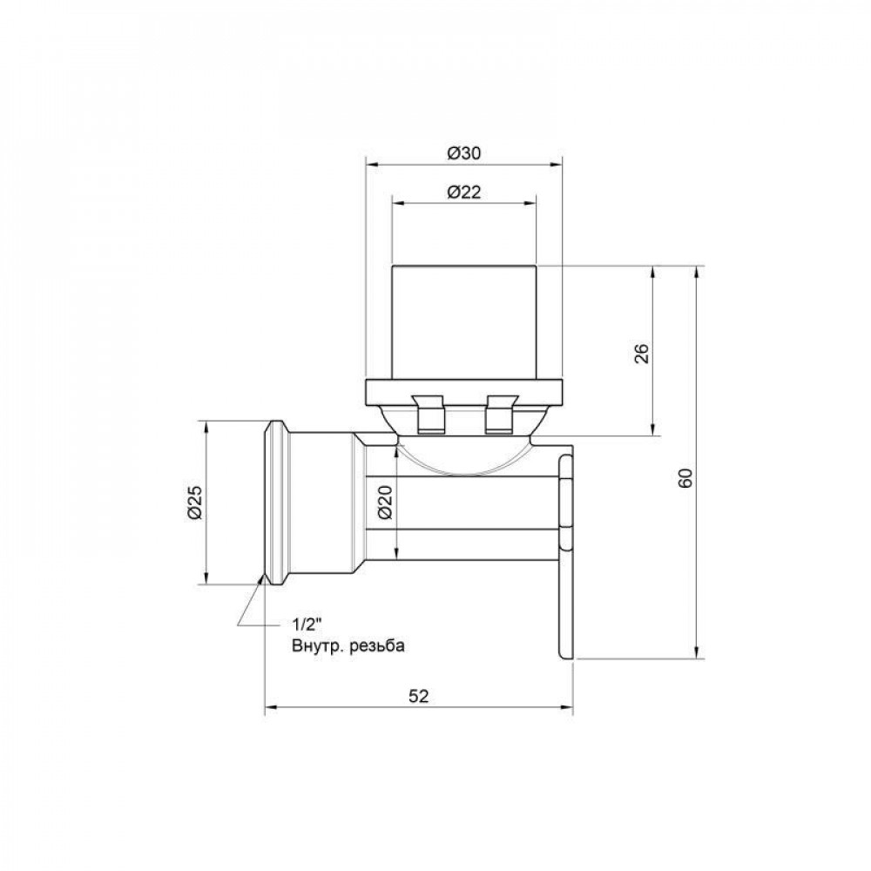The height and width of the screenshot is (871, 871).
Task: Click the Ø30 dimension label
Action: click(463, 152)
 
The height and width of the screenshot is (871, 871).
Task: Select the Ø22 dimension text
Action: click(463, 192)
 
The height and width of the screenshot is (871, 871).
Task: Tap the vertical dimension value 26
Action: click(641, 353)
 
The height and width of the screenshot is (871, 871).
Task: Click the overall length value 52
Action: click(419, 695)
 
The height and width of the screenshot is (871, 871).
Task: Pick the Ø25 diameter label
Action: click(195, 503)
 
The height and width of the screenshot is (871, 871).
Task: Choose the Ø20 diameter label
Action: click(386, 503)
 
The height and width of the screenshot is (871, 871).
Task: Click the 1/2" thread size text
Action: click(307, 625)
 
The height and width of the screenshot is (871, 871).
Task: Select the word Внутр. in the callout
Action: click(314, 646)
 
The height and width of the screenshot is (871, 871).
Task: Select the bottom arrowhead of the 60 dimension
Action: click(697, 654)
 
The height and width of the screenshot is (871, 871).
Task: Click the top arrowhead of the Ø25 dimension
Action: click(206, 427)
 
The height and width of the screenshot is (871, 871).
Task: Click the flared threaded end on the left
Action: click(277, 503)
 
